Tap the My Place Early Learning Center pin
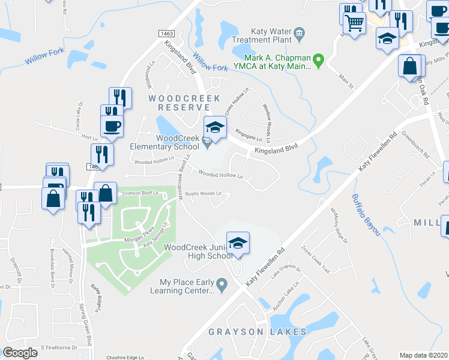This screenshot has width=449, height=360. (221, 283)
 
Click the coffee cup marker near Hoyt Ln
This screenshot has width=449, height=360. (112, 126)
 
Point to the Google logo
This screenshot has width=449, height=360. (20, 353)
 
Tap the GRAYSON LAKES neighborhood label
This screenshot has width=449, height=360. (258, 332)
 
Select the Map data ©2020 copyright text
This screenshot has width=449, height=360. (424, 355)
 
